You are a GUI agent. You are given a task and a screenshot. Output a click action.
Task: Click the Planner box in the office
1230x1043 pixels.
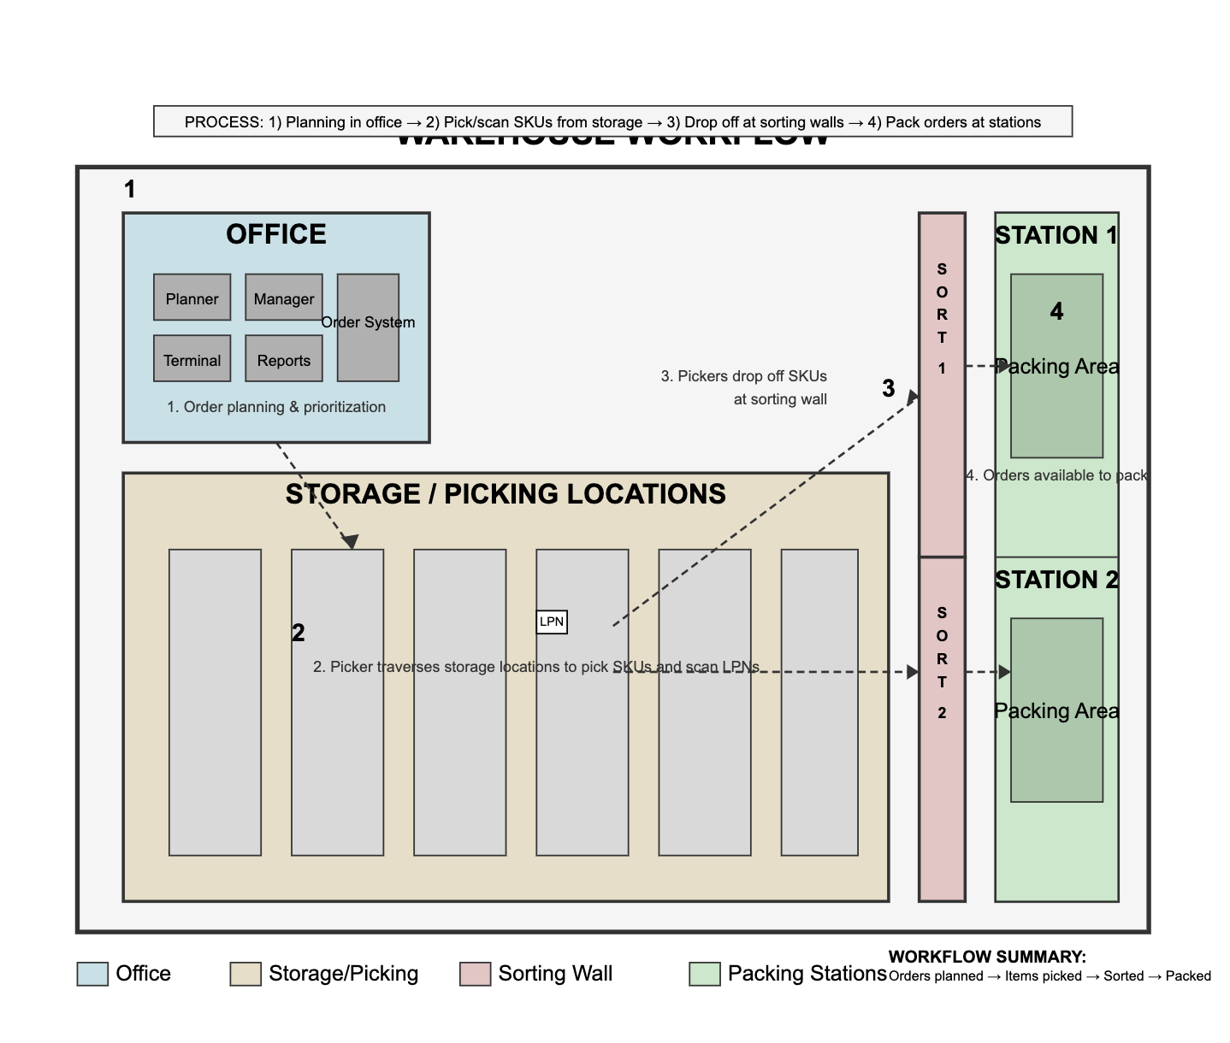click(192, 298)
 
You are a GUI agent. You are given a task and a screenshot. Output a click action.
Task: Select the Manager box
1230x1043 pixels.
click(284, 298)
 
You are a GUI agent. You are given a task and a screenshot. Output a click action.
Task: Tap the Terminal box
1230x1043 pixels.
click(192, 359)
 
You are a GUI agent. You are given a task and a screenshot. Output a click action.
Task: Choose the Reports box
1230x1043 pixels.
click(284, 359)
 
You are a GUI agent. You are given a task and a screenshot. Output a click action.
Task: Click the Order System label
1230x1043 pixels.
click(368, 322)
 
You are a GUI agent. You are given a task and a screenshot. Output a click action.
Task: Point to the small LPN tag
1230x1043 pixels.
click(552, 622)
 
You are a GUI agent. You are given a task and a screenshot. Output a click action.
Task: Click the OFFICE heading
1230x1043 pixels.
click(275, 234)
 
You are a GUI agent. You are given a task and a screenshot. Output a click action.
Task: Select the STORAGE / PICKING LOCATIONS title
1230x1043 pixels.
click(506, 494)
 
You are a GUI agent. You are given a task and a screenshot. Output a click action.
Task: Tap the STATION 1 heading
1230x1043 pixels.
click(1056, 235)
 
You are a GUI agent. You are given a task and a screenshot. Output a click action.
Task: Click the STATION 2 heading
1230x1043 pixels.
click(1056, 580)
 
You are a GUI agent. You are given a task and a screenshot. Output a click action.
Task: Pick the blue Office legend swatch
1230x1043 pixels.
click(92, 975)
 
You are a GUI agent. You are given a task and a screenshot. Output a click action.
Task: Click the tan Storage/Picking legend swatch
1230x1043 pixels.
click(245, 975)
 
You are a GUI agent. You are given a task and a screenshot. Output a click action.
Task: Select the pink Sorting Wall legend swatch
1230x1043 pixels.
click(476, 975)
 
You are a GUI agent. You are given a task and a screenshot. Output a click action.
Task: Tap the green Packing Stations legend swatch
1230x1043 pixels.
click(705, 975)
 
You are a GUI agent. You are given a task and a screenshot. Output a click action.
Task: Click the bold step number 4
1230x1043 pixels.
click(1056, 312)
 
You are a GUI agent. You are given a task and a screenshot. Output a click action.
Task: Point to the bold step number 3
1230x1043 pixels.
click(889, 389)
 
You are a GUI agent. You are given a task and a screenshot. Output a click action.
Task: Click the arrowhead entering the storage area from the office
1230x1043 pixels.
click(350, 542)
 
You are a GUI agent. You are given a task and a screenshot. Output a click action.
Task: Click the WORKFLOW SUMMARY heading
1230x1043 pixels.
click(987, 957)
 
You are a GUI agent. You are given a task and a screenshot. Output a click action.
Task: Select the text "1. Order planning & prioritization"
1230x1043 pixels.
click(276, 407)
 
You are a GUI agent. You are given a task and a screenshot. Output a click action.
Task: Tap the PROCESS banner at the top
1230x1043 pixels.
click(612, 121)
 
